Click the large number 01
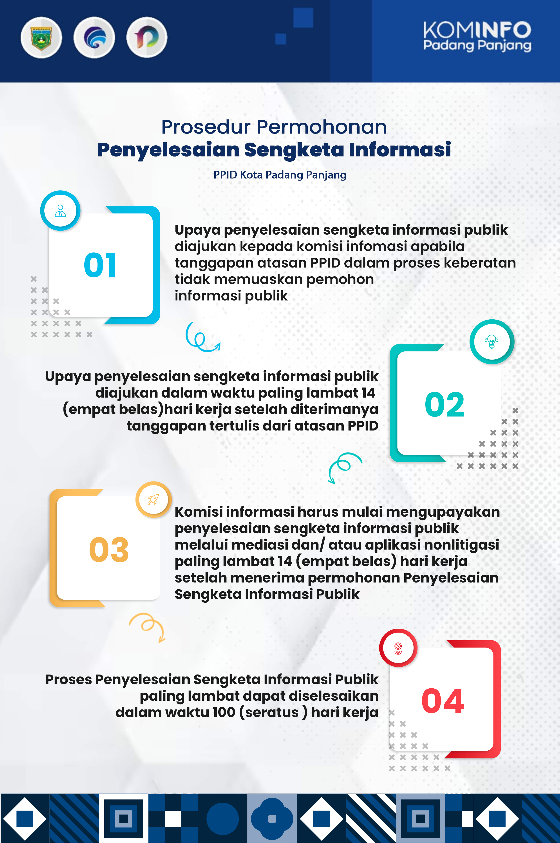click(100, 265)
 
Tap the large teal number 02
click(445, 405)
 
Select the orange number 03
click(109, 550)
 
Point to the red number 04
click(443, 701)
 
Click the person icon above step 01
click(60, 211)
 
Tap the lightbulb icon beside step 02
click(492, 342)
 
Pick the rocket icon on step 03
click(154, 499)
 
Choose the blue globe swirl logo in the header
click(94, 38)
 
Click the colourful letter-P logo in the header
click(147, 38)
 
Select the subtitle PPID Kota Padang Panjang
click(280, 175)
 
